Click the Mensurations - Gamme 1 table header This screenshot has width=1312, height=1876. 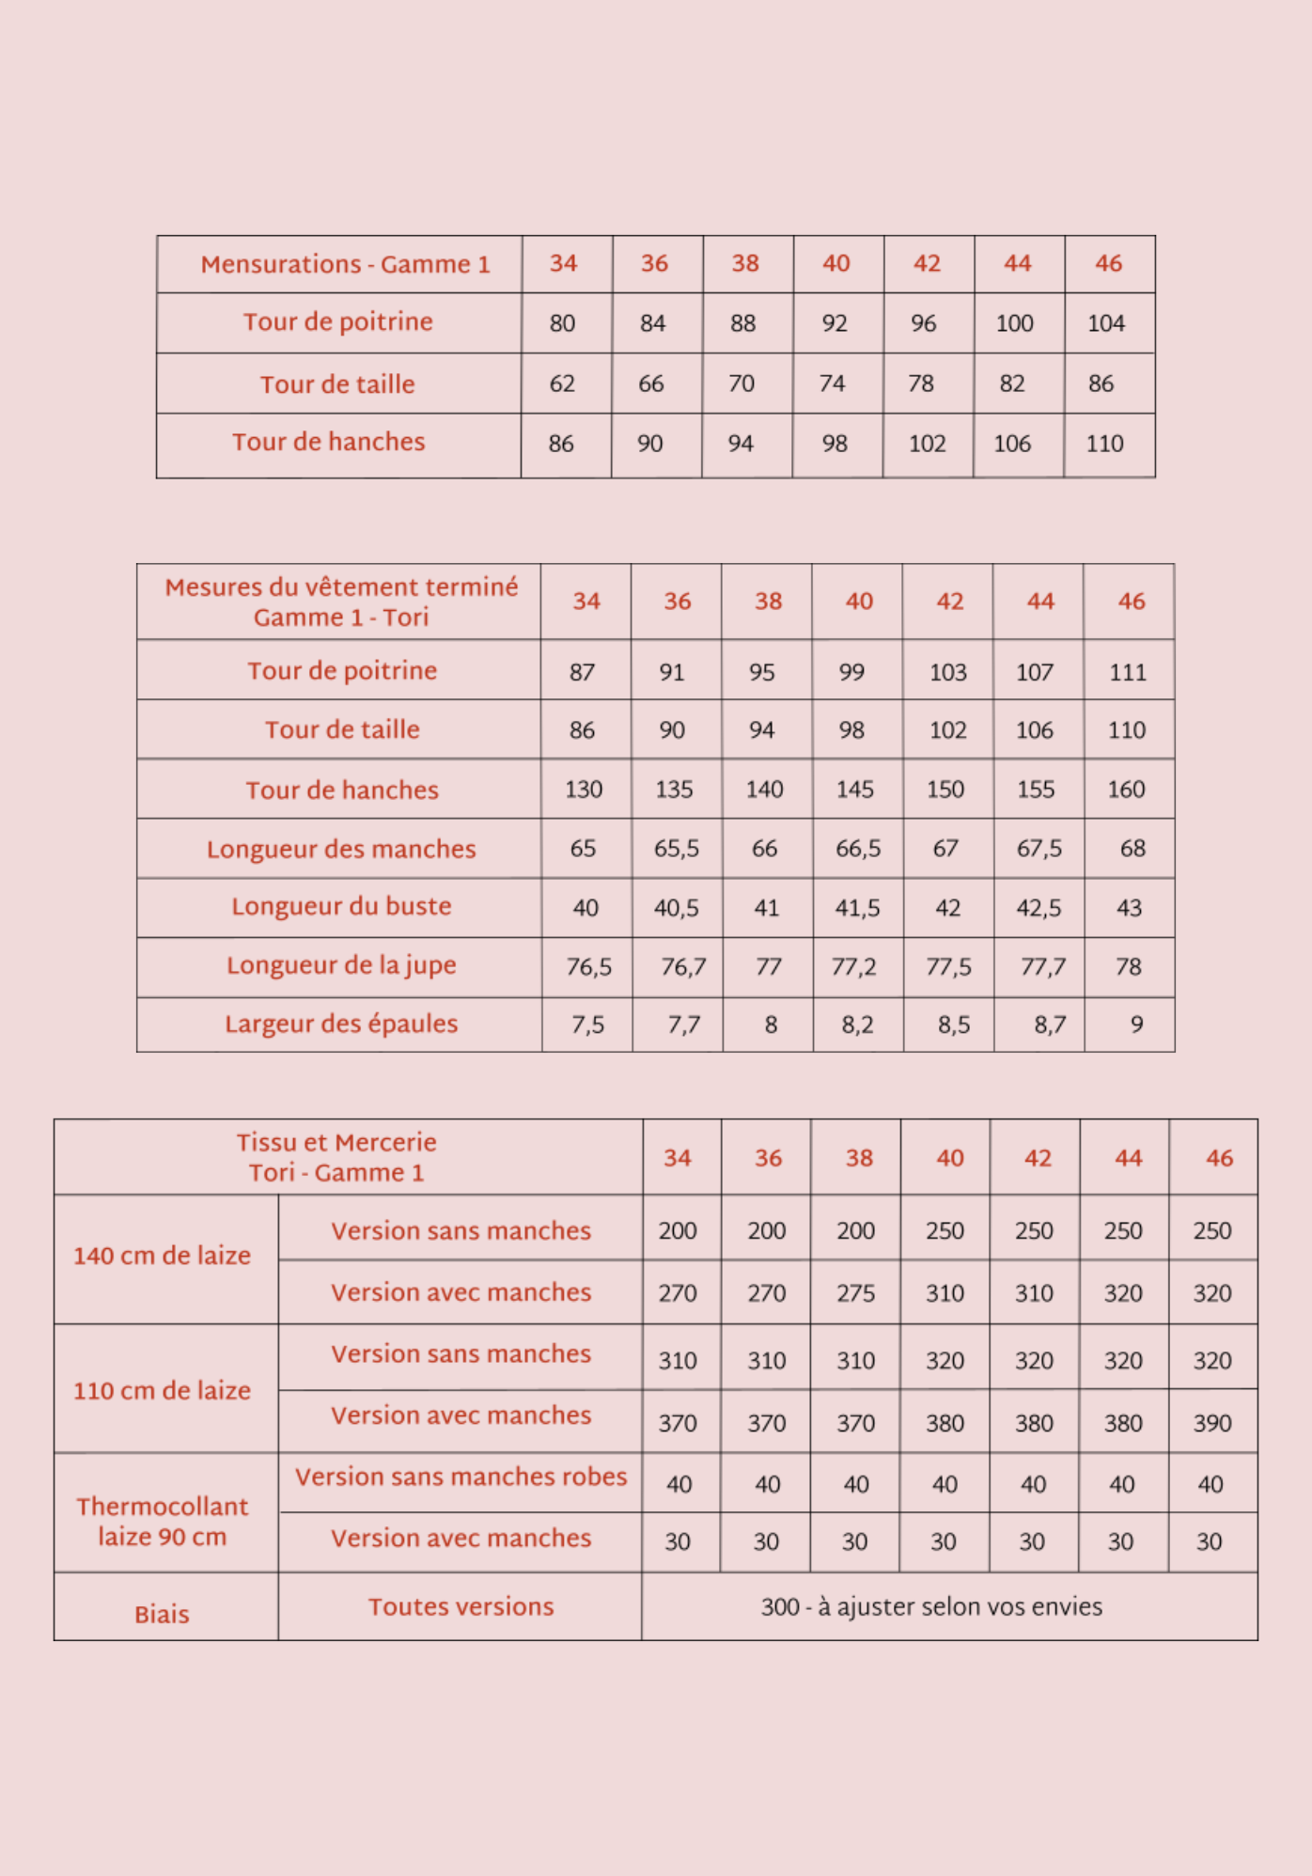tap(345, 264)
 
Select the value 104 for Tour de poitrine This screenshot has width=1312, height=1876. tap(1106, 323)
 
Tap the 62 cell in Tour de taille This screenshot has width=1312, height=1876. tap(562, 383)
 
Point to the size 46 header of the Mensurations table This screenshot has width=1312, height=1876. tap(1109, 263)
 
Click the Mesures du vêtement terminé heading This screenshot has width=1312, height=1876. tap(341, 602)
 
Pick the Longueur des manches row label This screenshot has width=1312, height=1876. tap(341, 849)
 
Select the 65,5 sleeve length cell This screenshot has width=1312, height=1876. tap(677, 849)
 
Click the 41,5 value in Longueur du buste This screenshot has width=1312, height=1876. tap(858, 908)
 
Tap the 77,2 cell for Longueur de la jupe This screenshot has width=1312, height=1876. tap(853, 966)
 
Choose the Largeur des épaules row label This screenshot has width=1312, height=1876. tap(341, 1024)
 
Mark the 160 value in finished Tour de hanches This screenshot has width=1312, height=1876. tap(1126, 789)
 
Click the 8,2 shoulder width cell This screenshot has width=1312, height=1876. tap(857, 1024)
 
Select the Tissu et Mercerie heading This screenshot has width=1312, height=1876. tap(336, 1157)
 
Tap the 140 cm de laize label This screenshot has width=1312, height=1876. tap(163, 1256)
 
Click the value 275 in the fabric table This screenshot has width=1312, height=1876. tap(856, 1293)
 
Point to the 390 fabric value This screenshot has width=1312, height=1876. tap(1212, 1423)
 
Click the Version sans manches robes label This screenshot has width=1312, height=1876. tap(461, 1477)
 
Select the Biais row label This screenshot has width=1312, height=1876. tap(162, 1615)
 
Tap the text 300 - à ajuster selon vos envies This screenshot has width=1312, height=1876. tap(931, 1607)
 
